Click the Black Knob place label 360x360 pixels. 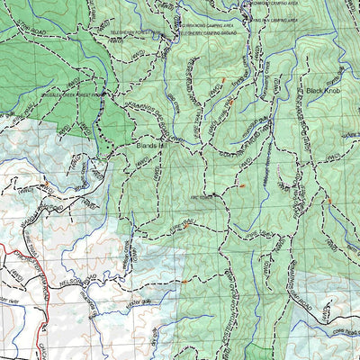(x=324, y=91)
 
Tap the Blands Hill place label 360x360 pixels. (x=150, y=142)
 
